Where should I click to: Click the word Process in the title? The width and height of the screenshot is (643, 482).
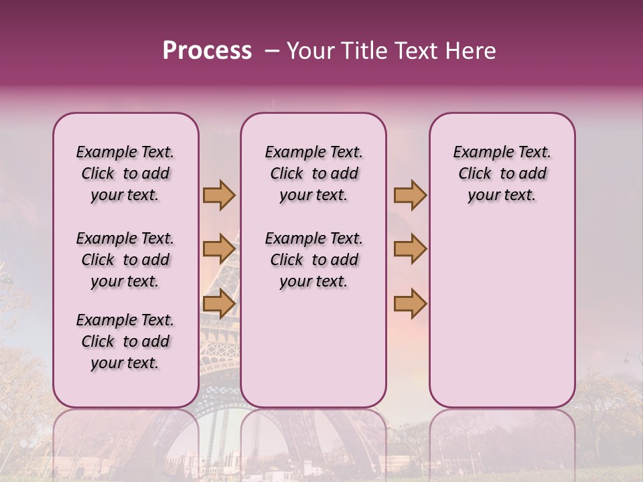(x=207, y=51)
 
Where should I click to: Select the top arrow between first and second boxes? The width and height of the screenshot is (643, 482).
(x=219, y=195)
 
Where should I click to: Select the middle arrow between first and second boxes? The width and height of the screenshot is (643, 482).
(x=219, y=249)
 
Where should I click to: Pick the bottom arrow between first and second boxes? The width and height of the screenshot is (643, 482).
(x=219, y=304)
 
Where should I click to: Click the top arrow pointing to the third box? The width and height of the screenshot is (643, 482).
(x=410, y=195)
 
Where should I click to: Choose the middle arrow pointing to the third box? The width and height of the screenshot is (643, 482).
(x=410, y=249)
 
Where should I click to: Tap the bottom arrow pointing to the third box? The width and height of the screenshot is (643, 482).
(x=410, y=304)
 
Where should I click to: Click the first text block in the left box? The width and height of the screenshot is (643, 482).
(x=125, y=173)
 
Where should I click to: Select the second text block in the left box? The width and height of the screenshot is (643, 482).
(x=125, y=260)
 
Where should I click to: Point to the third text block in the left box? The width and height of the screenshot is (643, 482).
(x=125, y=341)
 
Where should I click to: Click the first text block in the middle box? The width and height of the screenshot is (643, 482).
(x=313, y=173)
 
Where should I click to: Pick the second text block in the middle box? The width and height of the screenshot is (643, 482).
(x=313, y=260)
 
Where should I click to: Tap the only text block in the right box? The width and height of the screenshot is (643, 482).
(x=502, y=173)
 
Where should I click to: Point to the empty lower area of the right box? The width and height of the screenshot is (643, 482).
(x=502, y=315)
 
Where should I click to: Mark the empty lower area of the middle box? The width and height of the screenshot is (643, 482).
(x=313, y=348)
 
